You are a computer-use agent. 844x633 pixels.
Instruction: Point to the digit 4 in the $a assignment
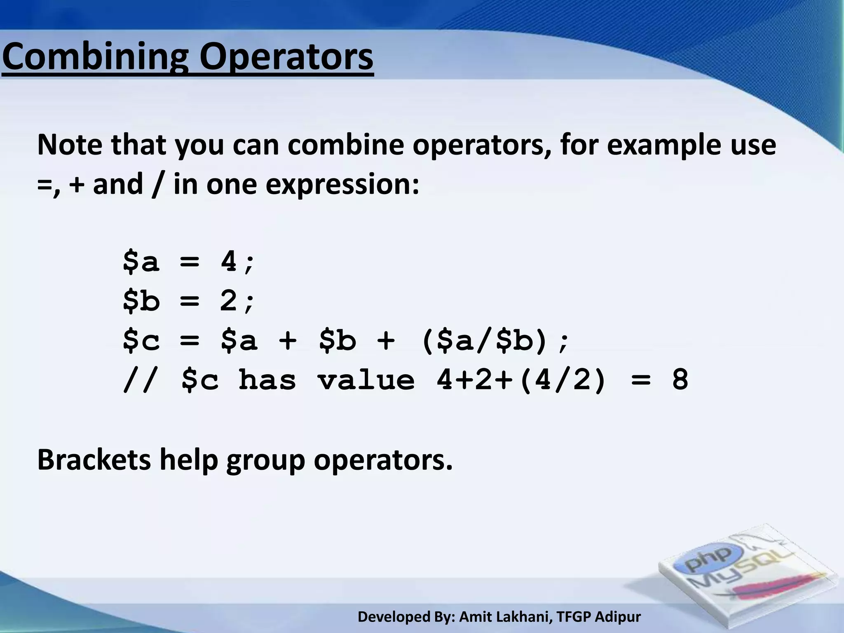(229, 261)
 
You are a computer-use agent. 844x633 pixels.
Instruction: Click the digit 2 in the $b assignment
(229, 300)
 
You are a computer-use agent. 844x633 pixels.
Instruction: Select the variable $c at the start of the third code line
(141, 340)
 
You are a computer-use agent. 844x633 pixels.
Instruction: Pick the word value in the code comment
(366, 380)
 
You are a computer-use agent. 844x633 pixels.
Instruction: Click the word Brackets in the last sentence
(94, 460)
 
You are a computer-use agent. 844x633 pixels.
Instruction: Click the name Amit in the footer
(475, 617)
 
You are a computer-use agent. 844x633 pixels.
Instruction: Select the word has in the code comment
(267, 380)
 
